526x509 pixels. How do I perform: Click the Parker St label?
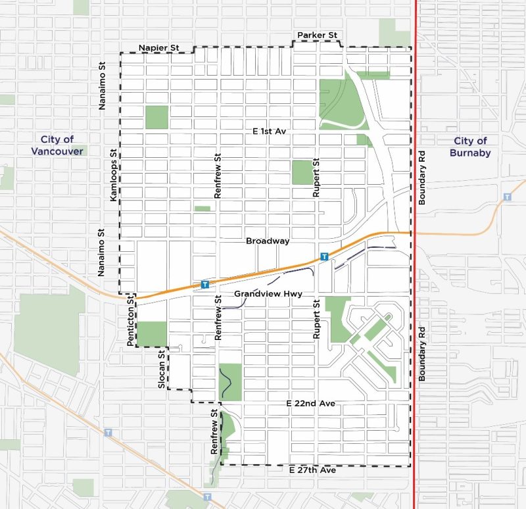click(317, 34)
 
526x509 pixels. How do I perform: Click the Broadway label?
click(268, 241)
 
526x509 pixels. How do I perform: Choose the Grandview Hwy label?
click(268, 294)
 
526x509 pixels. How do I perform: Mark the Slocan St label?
click(161, 370)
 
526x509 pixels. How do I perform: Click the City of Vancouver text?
click(57, 145)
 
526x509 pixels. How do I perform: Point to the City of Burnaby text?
click(470, 146)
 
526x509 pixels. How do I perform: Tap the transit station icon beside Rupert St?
click(323, 256)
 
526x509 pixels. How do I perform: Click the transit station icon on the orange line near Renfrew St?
click(205, 285)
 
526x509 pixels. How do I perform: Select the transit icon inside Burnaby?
click(507, 197)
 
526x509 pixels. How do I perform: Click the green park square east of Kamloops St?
click(156, 117)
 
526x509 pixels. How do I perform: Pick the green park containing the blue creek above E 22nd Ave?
click(230, 381)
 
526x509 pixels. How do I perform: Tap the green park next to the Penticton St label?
click(154, 333)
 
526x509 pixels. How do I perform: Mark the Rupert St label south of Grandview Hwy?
click(316, 319)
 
